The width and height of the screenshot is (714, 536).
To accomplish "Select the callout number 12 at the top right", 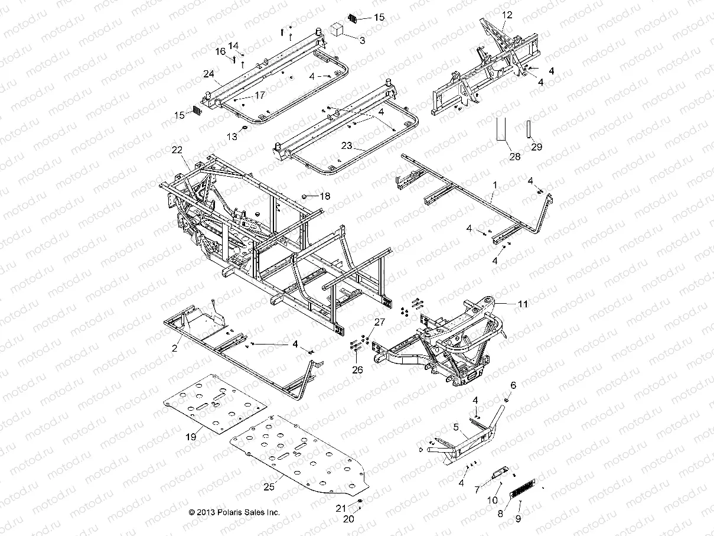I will pos(507,14).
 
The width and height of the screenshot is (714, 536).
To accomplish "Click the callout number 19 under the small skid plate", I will pos(190,437).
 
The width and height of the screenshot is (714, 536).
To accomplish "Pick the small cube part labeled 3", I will pos(337,30).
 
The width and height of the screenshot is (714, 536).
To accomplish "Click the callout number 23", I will pos(362,145).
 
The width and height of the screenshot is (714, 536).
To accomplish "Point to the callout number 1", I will pos(494,185).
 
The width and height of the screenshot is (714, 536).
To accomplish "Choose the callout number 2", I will pos(174,349).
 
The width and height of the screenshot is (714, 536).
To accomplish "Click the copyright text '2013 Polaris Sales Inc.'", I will pos(234,512).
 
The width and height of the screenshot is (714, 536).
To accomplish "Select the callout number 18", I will pos(325,196).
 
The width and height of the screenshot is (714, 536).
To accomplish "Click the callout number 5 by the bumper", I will pos(456,426).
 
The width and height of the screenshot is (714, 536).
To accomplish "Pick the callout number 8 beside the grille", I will pos(500,514).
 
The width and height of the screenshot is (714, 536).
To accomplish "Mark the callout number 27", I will pos(379,321).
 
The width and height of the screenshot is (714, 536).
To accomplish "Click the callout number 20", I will pos(348,519).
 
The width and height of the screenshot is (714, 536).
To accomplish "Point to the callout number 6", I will pos(513,385).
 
